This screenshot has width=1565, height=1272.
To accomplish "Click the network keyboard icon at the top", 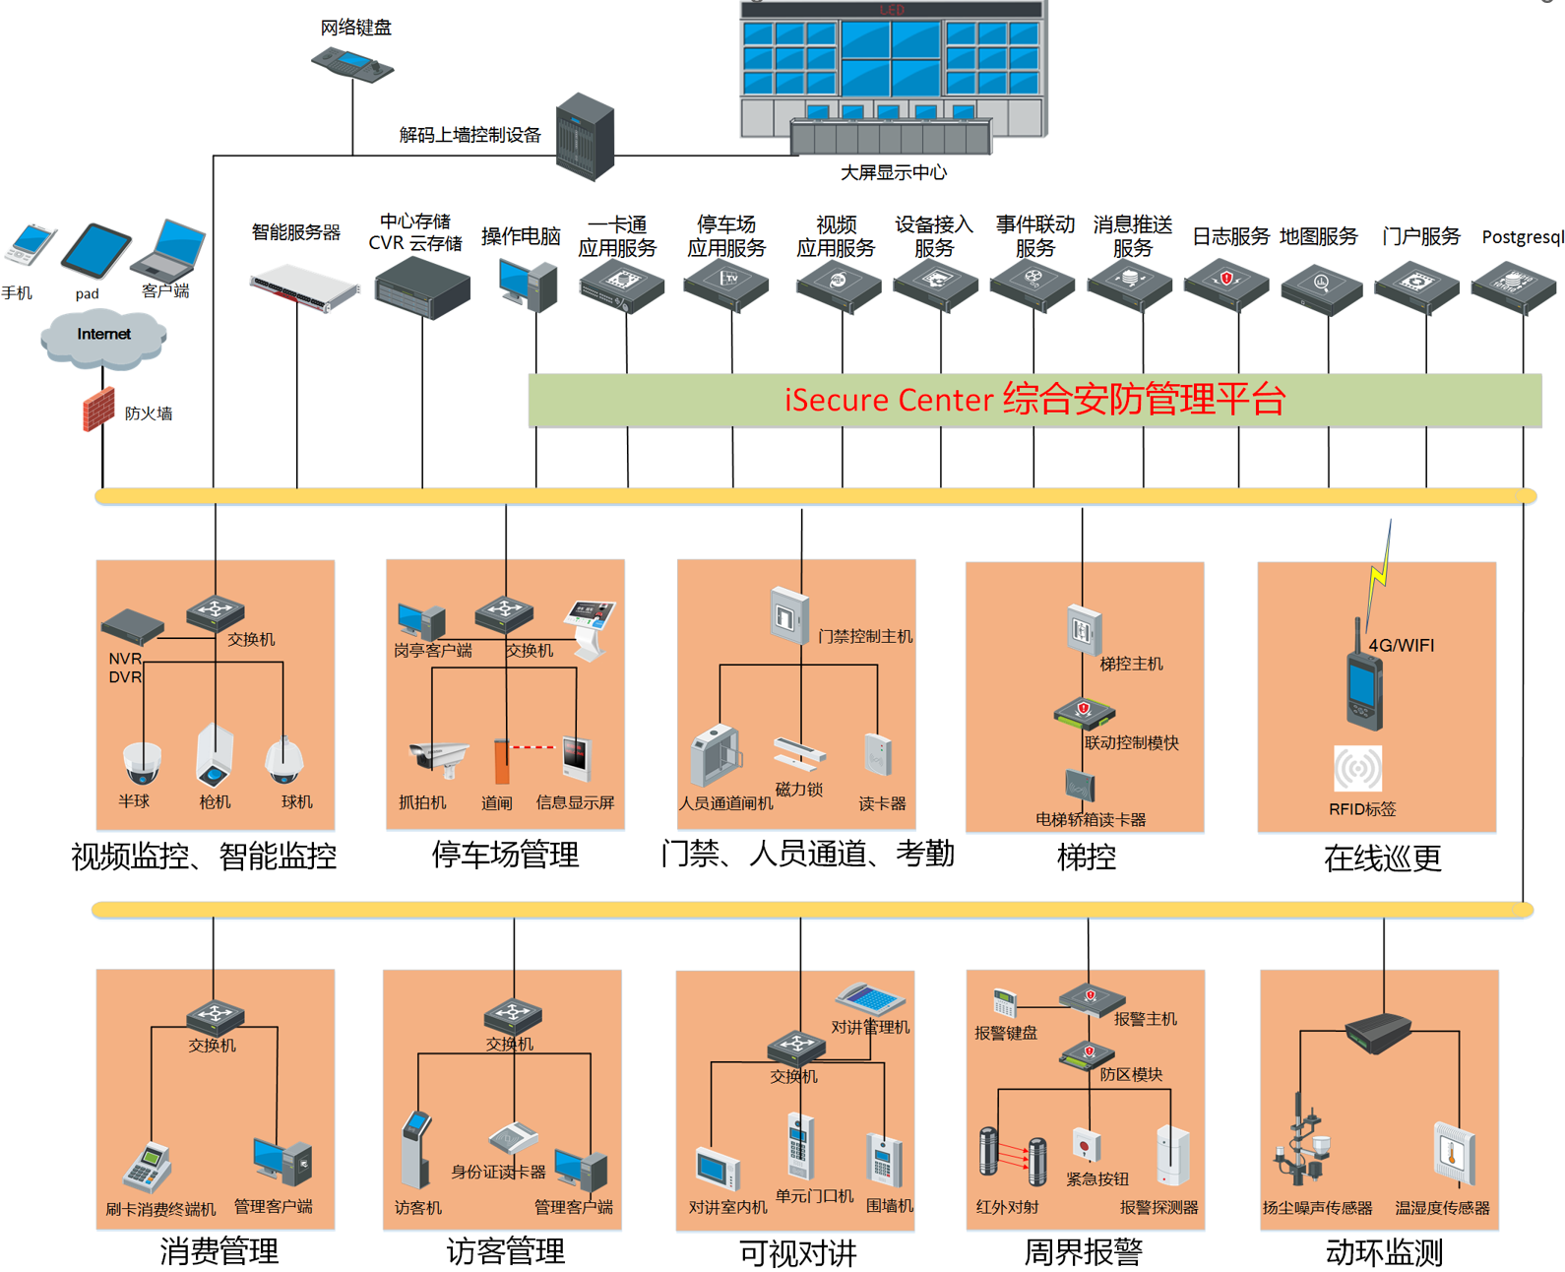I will point(352,64).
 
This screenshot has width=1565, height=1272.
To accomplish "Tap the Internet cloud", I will point(103,337).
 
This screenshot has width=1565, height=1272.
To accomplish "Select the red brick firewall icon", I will point(98,410).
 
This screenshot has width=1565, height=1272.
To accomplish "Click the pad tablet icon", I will point(95,251).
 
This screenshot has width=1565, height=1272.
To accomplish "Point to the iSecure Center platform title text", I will point(1034,400).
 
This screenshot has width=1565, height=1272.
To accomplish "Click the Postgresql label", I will point(1522,237).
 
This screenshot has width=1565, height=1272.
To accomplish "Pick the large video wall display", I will point(892,69).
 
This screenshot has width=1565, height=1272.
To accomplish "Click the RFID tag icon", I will point(1357,769).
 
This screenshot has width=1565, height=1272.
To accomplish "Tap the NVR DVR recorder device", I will point(132,626).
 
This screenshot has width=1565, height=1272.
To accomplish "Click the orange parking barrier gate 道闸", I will point(502,761).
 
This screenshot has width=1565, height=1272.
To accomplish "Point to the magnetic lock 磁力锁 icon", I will point(799,753).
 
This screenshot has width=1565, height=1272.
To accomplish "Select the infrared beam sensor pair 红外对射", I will point(1012,1156).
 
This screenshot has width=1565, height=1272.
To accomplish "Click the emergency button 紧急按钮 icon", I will point(1086,1146).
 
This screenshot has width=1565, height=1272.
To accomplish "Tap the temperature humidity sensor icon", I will point(1453,1153).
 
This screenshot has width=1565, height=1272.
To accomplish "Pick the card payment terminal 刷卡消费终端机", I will point(148,1169).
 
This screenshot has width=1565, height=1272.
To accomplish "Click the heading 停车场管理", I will point(505,855).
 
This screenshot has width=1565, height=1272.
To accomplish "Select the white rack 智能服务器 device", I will point(304,288).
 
